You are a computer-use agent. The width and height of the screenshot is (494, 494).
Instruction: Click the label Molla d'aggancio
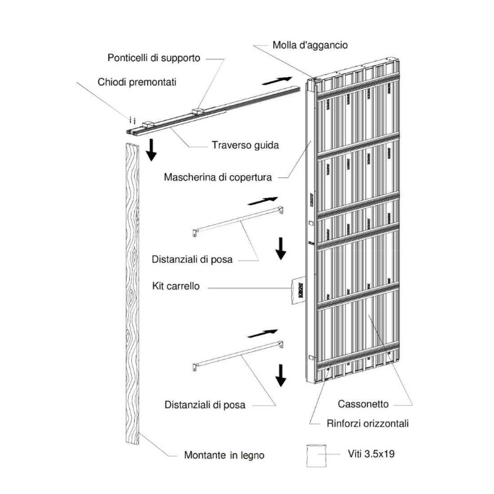click(310, 45)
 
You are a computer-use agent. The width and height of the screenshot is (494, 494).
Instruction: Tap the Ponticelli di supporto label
click(154, 58)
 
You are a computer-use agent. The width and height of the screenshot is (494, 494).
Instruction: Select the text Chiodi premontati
click(137, 82)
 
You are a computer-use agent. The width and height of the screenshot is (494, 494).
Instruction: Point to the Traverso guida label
click(245, 145)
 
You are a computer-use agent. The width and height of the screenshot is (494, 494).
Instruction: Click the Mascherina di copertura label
click(218, 177)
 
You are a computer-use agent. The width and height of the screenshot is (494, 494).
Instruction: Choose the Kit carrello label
click(176, 286)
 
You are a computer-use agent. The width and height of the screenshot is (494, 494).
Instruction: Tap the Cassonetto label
click(363, 404)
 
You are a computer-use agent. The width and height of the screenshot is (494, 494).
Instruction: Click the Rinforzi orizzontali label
click(367, 423)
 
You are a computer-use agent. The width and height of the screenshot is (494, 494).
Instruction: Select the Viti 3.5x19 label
click(371, 454)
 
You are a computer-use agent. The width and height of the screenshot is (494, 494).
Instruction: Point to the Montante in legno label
click(224, 455)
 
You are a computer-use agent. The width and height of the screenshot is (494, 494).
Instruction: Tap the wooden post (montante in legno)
click(131, 292)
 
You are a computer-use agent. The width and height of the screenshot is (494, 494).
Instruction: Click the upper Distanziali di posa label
click(192, 259)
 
